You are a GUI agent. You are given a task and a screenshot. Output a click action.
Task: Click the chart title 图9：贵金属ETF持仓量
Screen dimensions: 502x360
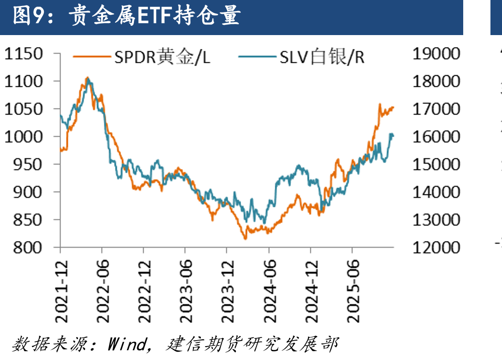pos(127,15)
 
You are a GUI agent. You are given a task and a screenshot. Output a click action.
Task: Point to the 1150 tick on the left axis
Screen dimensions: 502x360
pos(24,54)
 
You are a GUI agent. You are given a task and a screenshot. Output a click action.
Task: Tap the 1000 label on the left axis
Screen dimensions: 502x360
pos(24,137)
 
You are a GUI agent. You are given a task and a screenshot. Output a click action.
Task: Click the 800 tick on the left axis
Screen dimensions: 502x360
pos(28,247)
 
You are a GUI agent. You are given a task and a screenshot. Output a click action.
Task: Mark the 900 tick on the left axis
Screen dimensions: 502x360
pos(28,192)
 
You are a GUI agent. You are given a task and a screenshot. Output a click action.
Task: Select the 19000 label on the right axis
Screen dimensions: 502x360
pos(436,54)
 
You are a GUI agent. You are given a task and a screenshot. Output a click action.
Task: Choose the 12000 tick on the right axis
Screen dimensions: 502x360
pos(436,247)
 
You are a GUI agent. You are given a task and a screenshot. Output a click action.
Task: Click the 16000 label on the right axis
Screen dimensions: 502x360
pos(436,137)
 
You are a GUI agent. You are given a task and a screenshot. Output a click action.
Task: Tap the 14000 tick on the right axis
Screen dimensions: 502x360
pos(436,192)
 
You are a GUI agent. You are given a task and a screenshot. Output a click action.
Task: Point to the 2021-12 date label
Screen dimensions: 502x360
pos(61,291)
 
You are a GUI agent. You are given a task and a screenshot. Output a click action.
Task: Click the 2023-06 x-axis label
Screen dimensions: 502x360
pos(186,291)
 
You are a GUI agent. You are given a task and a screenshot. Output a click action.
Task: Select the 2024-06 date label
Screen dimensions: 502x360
pos(270,291)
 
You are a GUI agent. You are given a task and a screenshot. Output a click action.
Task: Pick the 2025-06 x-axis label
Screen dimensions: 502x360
pos(353,291)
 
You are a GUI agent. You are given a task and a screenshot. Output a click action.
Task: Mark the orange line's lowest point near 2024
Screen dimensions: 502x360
pos(246,239)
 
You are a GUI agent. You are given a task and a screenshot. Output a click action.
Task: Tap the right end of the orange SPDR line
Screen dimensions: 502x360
pos(393,108)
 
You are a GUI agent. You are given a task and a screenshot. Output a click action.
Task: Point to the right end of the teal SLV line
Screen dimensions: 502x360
pos(393,136)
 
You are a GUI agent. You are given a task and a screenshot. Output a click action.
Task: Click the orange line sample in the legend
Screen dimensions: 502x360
pos(91,57)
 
